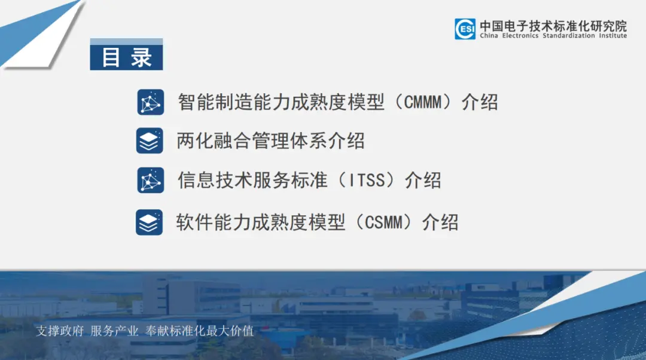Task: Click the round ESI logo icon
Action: pyautogui.click(x=465, y=29)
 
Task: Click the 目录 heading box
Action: pyautogui.click(x=126, y=54)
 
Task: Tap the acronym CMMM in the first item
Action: pyautogui.click(x=422, y=102)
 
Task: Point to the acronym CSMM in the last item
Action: pyautogui.click(x=383, y=222)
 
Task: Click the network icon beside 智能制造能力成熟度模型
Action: pyautogui.click(x=150, y=102)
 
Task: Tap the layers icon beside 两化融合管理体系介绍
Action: pyautogui.click(x=150, y=141)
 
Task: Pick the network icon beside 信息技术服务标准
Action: pyautogui.click(x=150, y=181)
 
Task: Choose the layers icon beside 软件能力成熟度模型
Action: pyautogui.click(x=149, y=222)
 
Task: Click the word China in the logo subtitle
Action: pyautogui.click(x=489, y=36)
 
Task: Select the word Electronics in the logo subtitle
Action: pyautogui.click(x=520, y=36)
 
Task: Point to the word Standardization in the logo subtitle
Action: pyautogui.click(x=569, y=36)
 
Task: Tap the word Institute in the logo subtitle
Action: pyautogui.click(x=613, y=36)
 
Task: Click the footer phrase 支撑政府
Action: pyautogui.click(x=60, y=331)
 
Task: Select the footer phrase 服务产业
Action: pyautogui.click(x=114, y=331)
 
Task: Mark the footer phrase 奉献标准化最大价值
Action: pyautogui.click(x=199, y=331)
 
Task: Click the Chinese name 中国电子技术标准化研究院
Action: pyautogui.click(x=553, y=26)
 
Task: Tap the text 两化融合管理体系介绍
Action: pyautogui.click(x=271, y=141)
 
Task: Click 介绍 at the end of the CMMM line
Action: pyautogui.click(x=480, y=102)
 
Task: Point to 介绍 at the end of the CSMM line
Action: pyautogui.click(x=440, y=222)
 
